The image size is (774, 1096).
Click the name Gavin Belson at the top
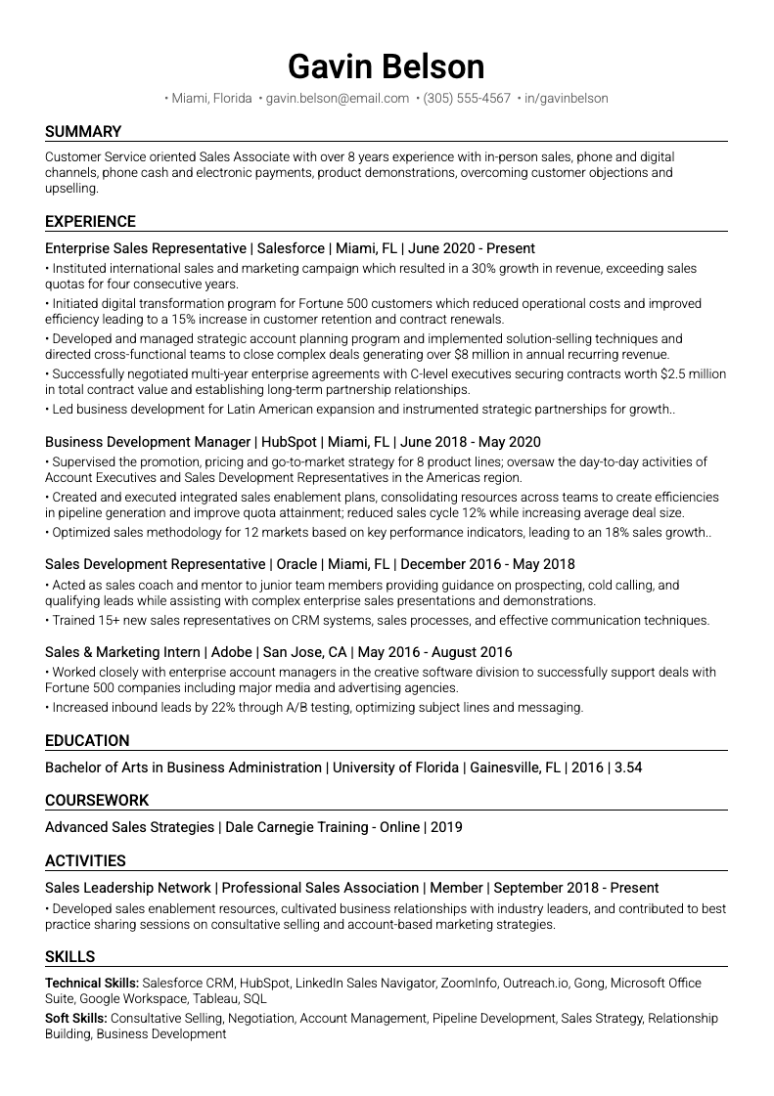tap(387, 66)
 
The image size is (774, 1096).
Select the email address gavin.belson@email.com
tap(337, 99)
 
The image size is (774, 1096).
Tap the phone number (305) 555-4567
tap(467, 99)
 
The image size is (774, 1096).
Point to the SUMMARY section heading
tap(83, 132)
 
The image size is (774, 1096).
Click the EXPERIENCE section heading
tap(90, 222)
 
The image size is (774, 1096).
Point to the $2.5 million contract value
tap(693, 373)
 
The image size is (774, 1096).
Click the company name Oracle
tap(297, 564)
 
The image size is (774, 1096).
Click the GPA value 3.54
tap(627, 768)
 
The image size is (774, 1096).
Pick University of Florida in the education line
tap(395, 768)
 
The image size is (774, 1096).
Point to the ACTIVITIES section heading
tap(85, 861)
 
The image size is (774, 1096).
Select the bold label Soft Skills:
tap(76, 1019)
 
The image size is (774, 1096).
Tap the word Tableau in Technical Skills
tap(214, 999)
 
